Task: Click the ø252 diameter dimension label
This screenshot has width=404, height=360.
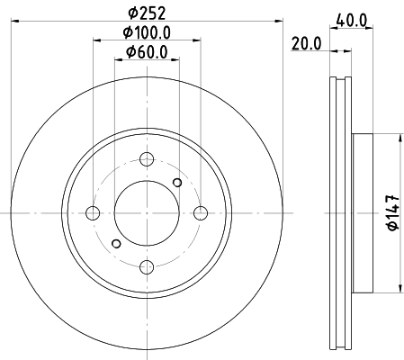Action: pos(147,13)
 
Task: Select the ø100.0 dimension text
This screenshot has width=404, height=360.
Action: pos(147,33)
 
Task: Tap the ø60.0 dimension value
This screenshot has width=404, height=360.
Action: pos(147,52)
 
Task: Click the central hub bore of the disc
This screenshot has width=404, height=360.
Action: pos(146,212)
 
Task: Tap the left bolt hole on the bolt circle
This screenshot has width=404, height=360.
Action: pos(92,213)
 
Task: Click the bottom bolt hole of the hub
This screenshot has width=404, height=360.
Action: pos(146,266)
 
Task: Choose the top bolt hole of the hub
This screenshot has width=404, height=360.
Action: pos(146,159)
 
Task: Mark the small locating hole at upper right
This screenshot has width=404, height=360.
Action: pos(177,184)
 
